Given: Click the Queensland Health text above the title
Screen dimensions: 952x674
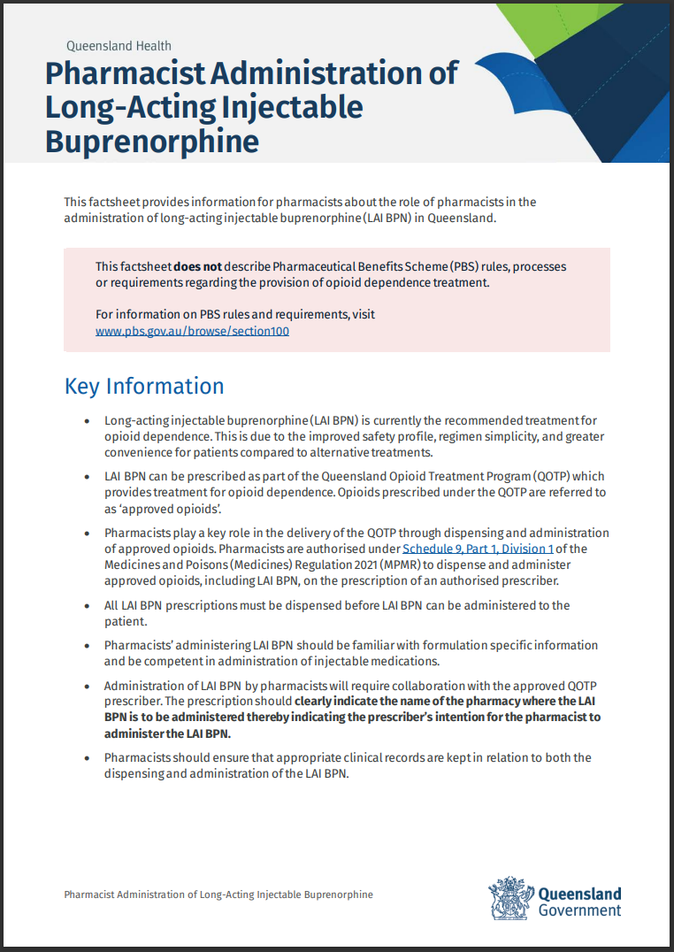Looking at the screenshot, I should [119, 46].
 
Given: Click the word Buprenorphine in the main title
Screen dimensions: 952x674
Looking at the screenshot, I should [152, 142].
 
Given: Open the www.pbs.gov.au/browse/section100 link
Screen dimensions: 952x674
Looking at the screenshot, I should [192, 331].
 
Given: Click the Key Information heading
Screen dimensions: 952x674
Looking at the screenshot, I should [144, 387].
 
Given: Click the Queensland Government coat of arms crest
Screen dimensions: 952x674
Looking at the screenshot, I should [510, 898].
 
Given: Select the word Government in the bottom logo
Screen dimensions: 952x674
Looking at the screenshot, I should [579, 910].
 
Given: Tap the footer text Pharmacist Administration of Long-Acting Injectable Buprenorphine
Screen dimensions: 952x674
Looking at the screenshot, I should [218, 894].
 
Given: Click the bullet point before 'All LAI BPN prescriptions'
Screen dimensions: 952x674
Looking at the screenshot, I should [86, 606].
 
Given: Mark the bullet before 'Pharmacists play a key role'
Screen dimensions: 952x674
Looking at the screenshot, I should [86, 534].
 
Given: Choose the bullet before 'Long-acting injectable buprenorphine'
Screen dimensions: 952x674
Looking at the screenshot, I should [86, 421].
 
